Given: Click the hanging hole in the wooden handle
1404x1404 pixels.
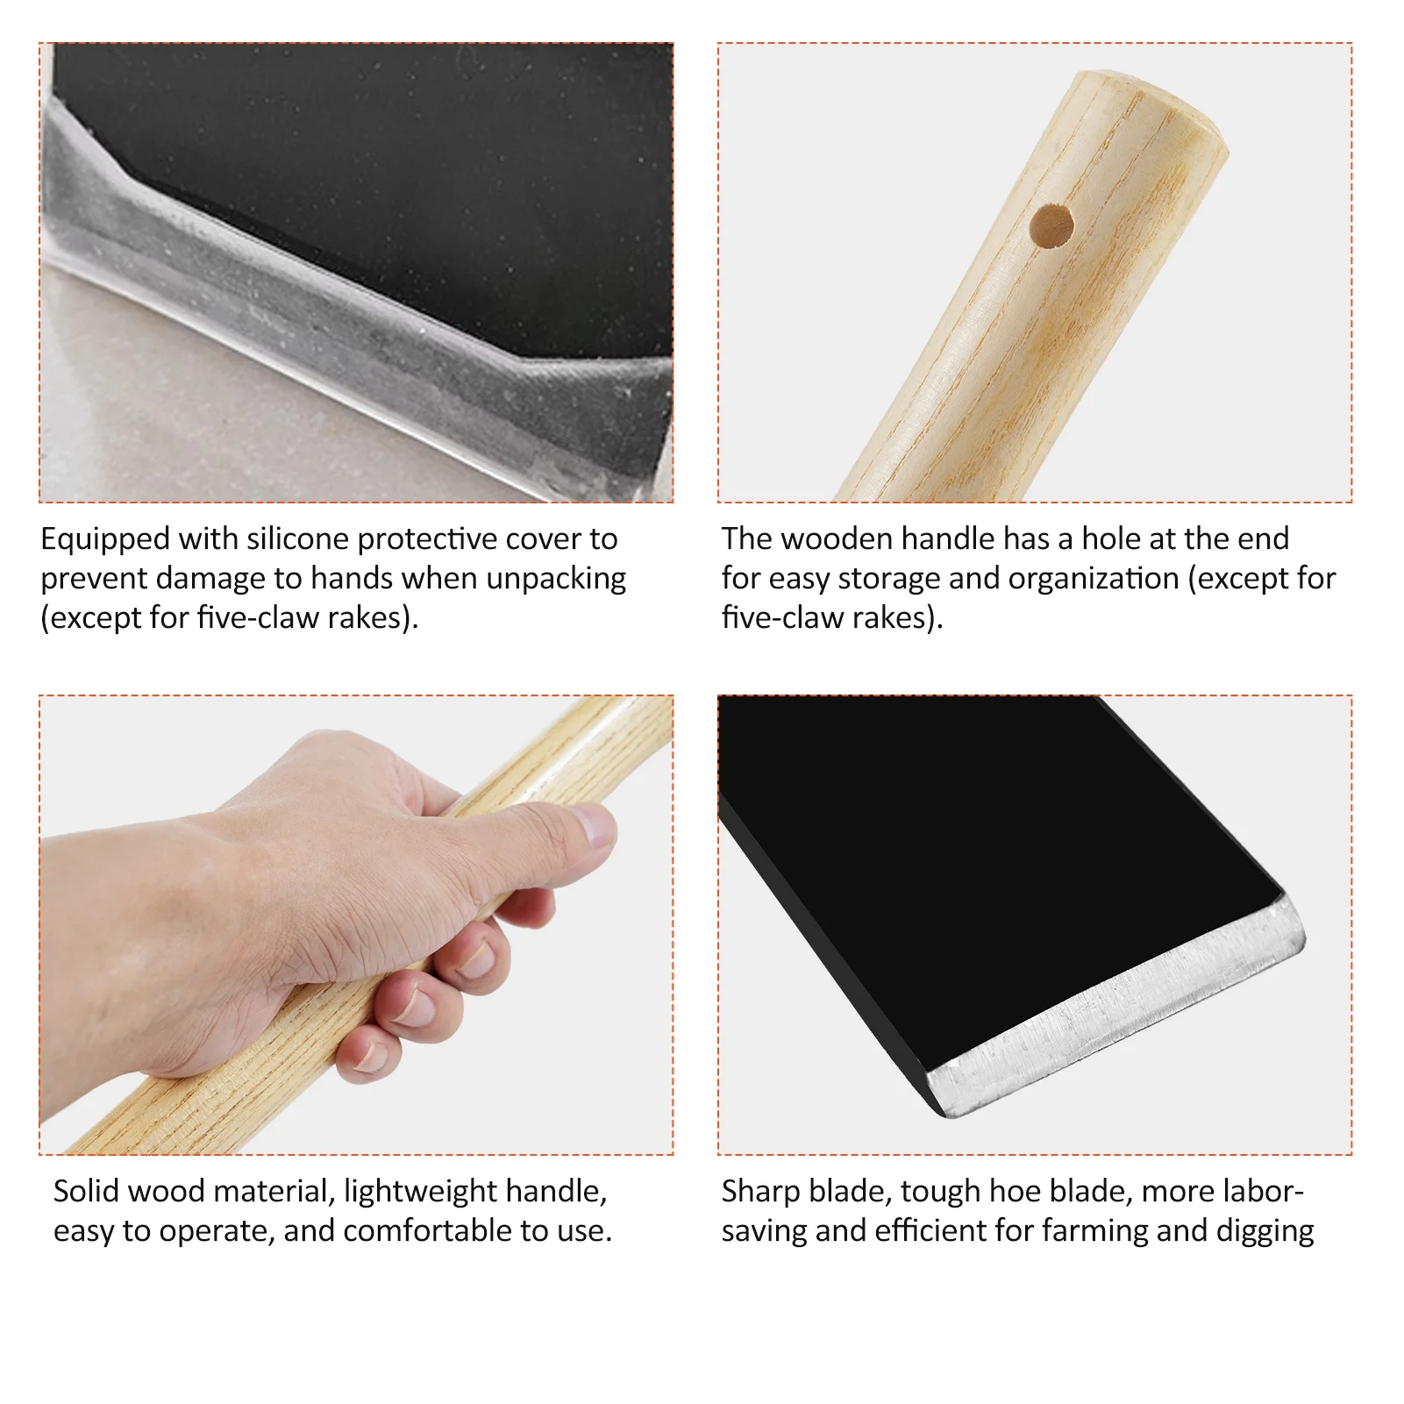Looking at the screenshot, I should coord(1051,226).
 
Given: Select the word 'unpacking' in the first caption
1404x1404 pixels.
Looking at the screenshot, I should coord(556,579).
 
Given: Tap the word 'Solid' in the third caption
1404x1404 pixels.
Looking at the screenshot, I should coord(85,1191).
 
